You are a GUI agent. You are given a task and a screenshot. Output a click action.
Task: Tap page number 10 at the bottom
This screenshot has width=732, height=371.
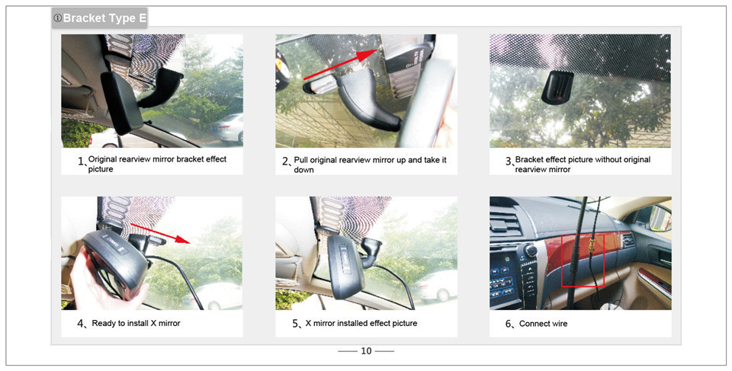click(366, 351)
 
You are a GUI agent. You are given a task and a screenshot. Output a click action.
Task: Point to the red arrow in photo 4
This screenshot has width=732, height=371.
click(160, 233)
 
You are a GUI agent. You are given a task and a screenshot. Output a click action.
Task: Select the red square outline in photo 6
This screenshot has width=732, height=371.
click(583, 261)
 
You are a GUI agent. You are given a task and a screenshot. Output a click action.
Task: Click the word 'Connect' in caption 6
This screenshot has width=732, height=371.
click(533, 324)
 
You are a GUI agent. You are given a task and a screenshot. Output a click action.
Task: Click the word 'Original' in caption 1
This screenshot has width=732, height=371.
click(102, 159)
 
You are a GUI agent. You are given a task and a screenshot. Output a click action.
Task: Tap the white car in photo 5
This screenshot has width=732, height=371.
click(434, 286)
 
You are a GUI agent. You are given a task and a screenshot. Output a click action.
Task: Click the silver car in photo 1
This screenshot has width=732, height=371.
click(227, 127)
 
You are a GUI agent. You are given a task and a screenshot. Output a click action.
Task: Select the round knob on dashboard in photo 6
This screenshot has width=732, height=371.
click(531, 251)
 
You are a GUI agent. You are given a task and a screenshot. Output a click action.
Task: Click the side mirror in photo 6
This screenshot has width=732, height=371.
click(660, 216)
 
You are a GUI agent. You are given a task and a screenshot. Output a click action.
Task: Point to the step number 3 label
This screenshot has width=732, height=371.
click(509, 161)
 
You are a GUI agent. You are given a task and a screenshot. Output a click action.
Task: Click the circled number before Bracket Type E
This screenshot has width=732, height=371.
click(57, 18)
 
